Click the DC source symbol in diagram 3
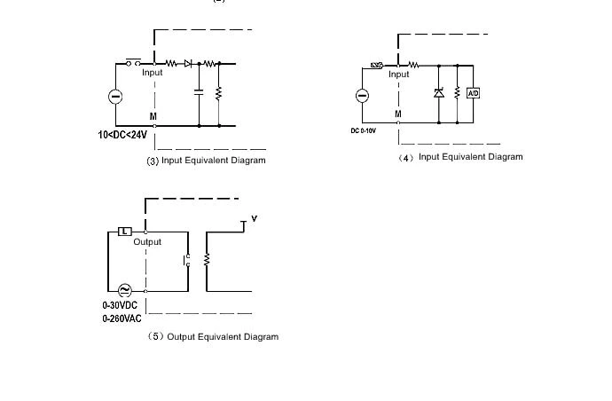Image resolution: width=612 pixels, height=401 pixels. coord(115,96)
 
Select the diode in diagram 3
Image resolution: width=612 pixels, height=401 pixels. coord(188,64)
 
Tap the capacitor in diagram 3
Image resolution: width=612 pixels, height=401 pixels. coord(199,92)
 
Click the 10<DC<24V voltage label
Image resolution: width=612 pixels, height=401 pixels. coord(122,136)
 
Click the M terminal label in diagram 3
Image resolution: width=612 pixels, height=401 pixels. coord(153,116)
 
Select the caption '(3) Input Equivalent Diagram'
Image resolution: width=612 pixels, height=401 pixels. coord(206,161)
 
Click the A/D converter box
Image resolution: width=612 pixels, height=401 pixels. coord(473,93)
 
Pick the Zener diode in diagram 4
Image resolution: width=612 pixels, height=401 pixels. coord(437,93)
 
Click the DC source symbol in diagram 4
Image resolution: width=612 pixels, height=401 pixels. coord(362,96)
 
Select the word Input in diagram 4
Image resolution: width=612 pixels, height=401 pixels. coord(399,75)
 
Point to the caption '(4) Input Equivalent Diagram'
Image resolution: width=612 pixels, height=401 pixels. coord(460,157)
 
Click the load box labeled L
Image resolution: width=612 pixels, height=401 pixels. coord(125,232)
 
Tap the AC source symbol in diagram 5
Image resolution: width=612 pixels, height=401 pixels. coord(122,290)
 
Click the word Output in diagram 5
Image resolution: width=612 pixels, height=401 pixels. coord(147,242)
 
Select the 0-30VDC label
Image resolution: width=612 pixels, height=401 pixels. coord(122,306)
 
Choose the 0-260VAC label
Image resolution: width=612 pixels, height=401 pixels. coord(122,318)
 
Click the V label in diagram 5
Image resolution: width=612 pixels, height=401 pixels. coord(255,218)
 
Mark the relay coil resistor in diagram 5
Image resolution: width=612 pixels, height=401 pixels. coord(206,260)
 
